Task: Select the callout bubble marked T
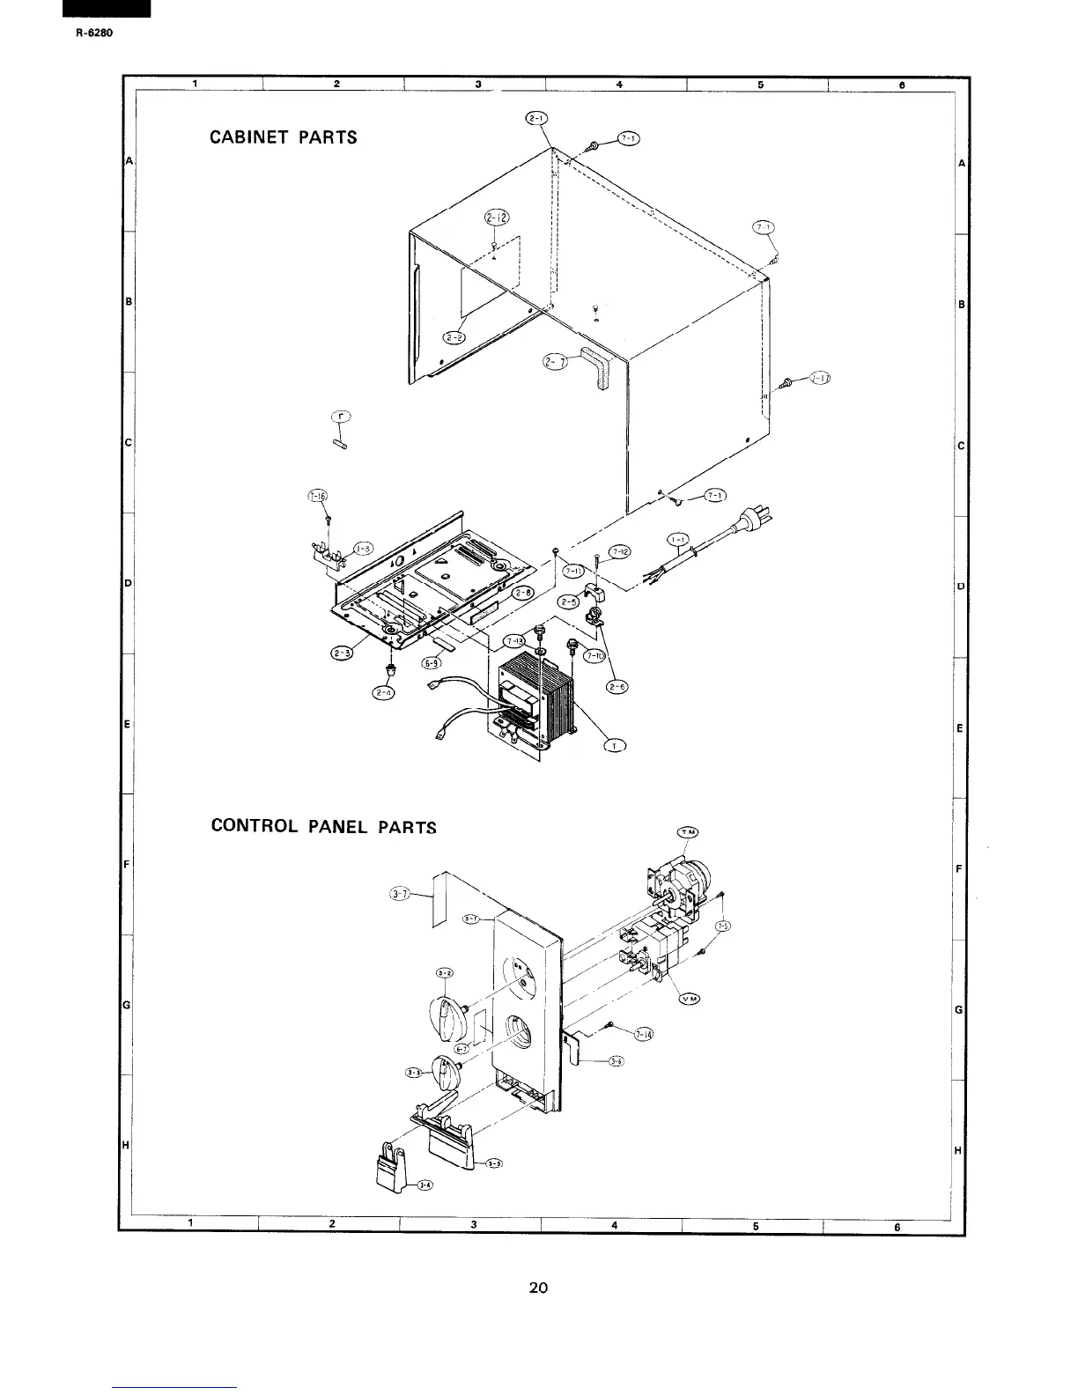613,747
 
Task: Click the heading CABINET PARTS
284,137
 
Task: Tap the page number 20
538,1288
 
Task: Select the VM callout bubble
690,999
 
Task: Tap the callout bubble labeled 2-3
341,653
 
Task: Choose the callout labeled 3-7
399,895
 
